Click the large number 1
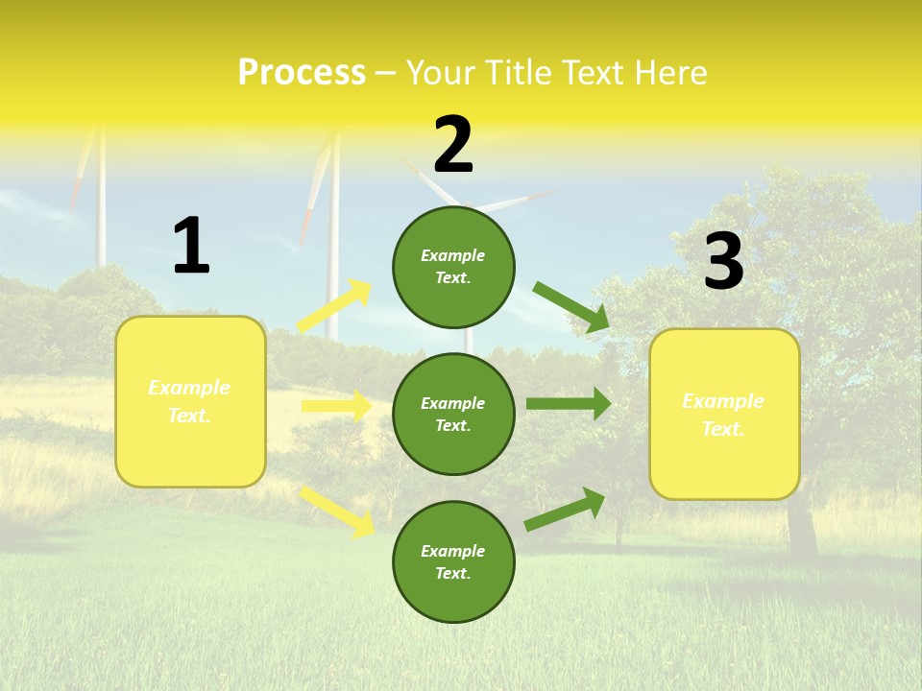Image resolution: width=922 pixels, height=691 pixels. (x=191, y=246)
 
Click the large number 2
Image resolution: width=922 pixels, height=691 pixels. (x=453, y=145)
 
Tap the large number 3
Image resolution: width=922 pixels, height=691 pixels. (x=723, y=261)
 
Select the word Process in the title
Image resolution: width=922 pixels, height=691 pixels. (x=302, y=73)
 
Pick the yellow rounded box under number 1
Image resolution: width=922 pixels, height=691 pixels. (x=190, y=401)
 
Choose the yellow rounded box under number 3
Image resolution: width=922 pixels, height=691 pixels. (x=724, y=414)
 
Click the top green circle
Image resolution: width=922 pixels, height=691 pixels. (x=453, y=267)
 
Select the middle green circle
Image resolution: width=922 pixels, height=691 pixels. (x=453, y=414)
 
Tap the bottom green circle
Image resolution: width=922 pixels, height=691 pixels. (x=453, y=561)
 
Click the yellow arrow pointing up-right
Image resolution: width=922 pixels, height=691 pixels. (x=335, y=306)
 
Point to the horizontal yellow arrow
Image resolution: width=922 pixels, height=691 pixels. (x=336, y=406)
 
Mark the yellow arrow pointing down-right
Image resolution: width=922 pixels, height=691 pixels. (x=337, y=512)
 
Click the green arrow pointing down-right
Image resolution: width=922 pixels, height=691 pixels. (x=571, y=307)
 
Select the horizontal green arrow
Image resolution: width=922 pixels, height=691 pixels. (x=569, y=404)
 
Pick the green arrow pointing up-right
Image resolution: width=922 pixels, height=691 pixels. (x=565, y=509)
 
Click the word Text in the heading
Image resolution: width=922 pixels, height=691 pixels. (x=590, y=73)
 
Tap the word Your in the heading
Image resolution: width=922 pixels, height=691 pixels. (x=439, y=73)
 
